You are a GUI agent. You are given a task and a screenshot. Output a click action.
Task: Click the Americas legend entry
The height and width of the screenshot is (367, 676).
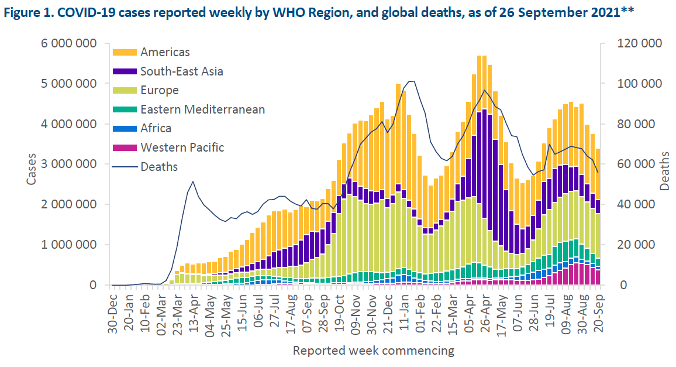pos(165,53)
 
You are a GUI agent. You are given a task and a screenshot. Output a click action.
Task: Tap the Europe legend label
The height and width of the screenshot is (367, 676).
pos(159,91)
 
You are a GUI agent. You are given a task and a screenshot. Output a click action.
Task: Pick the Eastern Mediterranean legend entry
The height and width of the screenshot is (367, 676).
pos(202,109)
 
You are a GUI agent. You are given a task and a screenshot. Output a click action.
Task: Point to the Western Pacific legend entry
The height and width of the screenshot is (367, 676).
pos(182,148)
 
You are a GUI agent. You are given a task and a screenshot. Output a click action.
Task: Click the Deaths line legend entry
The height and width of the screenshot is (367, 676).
pos(158,167)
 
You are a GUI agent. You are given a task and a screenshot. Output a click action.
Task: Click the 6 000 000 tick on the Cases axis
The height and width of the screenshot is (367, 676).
pos(64,44)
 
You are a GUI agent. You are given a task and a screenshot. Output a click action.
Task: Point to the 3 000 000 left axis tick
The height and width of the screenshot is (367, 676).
pos(64,164)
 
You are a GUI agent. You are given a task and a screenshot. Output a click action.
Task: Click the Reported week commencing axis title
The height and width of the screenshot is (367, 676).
pos(373,351)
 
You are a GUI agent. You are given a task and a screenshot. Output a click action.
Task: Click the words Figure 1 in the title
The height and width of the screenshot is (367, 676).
pos(29,13)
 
